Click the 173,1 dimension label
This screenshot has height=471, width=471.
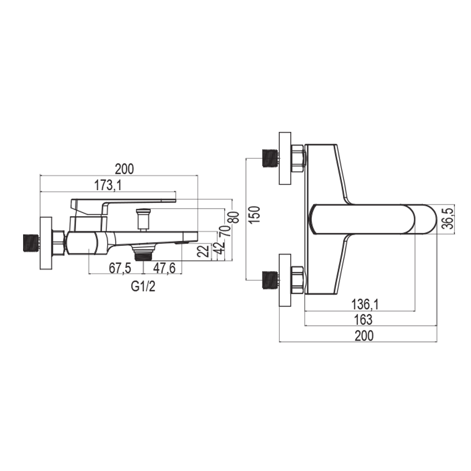pyautogui.click(x=108, y=185)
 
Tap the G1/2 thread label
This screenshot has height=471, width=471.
pyautogui.click(x=143, y=287)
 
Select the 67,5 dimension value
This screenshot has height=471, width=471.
pyautogui.click(x=120, y=268)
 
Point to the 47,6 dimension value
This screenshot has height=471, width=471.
pyautogui.click(x=164, y=268)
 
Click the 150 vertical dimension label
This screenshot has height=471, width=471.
pyautogui.click(x=255, y=214)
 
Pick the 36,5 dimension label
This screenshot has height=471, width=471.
pyautogui.click(x=449, y=219)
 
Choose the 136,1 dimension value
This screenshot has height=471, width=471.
pyautogui.click(x=365, y=305)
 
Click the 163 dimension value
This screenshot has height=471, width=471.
pyautogui.click(x=363, y=320)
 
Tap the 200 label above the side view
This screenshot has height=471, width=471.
pyautogui.click(x=124, y=169)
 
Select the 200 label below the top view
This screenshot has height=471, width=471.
pyautogui.click(x=364, y=335)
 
